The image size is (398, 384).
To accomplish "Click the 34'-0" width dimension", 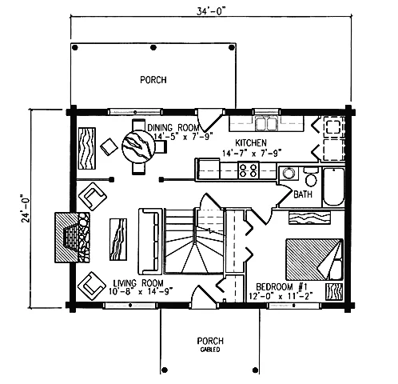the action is (211, 11).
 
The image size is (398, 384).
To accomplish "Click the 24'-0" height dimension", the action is (26, 209).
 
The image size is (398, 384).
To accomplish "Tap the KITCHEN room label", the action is (251, 142).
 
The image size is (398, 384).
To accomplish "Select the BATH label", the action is (303, 194).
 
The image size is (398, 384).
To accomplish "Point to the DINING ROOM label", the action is (173, 127).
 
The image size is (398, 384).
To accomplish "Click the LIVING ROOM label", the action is (138, 282).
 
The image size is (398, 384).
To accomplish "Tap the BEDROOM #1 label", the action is (281, 287).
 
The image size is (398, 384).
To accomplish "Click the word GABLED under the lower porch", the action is (210, 350).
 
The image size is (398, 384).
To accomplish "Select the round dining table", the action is (138, 146).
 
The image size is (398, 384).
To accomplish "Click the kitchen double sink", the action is (266, 124).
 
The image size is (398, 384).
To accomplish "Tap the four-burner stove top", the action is (249, 170).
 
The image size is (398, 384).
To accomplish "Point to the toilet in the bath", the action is (311, 177).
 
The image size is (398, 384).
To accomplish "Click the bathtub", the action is (333, 186).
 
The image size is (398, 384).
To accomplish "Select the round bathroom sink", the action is (288, 174).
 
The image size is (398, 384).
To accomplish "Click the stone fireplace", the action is (72, 238).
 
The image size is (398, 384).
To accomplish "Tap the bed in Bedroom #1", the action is (314, 259).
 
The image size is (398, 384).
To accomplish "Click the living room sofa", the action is (150, 242).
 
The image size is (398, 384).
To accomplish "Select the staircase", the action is (194, 241).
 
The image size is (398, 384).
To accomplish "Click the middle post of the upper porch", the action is (153, 47).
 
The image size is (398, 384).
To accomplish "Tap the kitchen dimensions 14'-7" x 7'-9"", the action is (252, 154).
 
